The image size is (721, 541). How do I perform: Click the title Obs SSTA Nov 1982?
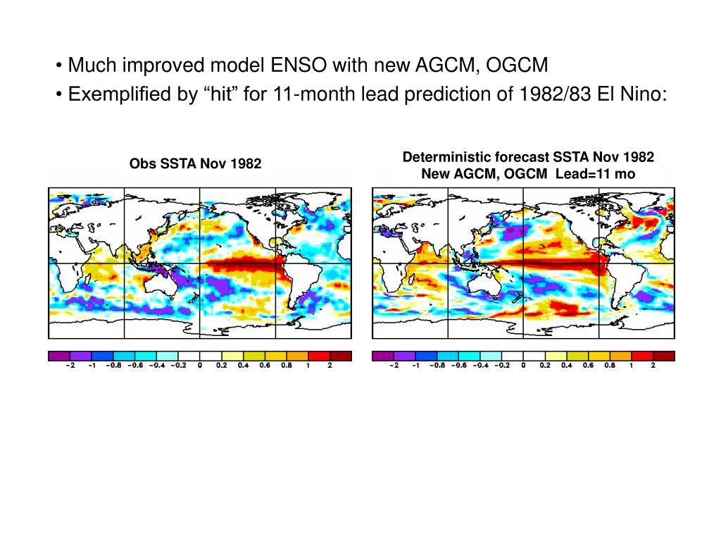click(195, 164)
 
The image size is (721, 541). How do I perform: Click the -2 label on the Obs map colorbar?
click(70, 366)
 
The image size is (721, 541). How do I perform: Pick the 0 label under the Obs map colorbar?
click(200, 366)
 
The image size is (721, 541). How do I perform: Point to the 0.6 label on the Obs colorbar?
click(265, 366)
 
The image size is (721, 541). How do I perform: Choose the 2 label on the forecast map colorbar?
click(653, 366)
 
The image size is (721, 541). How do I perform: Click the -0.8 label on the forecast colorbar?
click(437, 366)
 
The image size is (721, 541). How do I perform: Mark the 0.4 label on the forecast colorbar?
click(566, 366)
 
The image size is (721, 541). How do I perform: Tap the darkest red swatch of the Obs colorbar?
click(341, 356)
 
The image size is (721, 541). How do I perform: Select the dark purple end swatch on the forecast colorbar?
click(382, 356)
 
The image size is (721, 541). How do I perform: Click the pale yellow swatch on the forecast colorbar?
click(544, 356)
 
